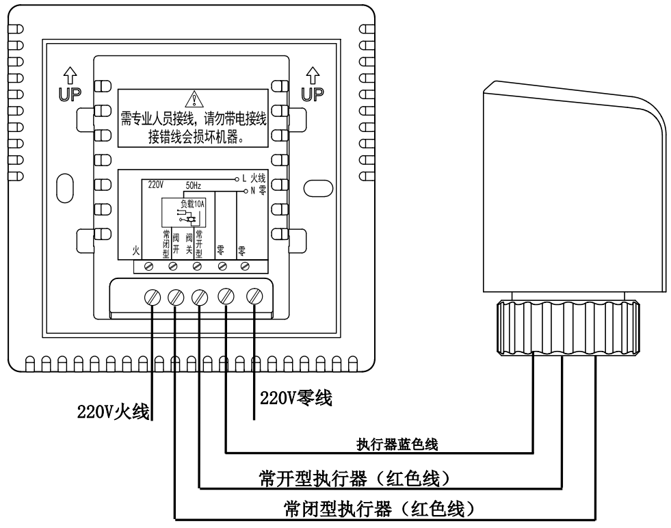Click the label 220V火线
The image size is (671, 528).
point(113,412)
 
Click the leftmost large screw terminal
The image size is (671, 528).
point(151,298)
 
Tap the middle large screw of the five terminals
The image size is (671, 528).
point(200,298)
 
